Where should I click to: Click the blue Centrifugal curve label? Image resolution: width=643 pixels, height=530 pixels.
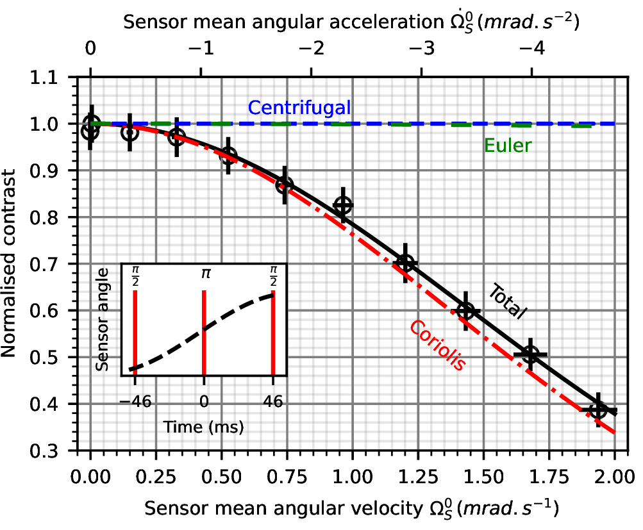point(299,108)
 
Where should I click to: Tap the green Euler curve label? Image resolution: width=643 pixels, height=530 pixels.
point(508,146)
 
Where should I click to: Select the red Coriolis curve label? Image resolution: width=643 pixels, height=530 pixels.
point(437,344)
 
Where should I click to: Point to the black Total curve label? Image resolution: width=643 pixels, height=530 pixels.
point(507,303)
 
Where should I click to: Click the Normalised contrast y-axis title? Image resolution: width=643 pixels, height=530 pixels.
point(14,264)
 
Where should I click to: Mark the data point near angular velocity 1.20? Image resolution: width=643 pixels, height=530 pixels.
point(405,263)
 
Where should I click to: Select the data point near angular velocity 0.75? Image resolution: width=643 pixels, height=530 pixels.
point(285,185)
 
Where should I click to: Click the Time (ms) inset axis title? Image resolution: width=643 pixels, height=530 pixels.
point(204,426)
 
